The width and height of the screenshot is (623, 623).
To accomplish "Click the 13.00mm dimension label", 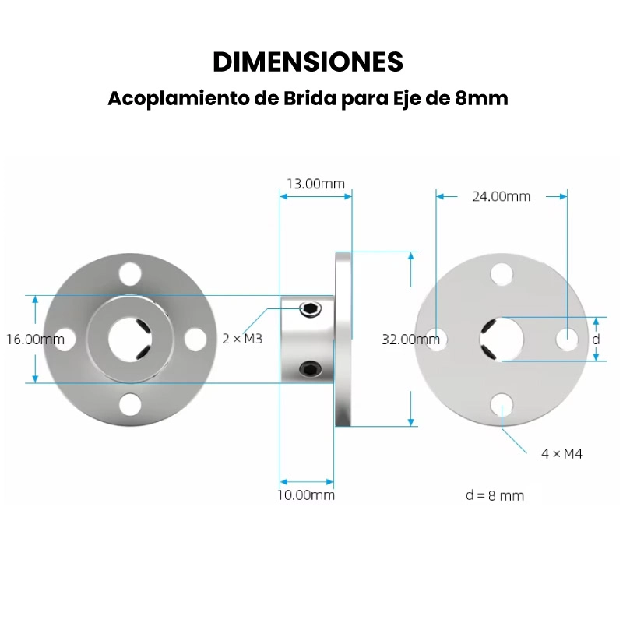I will click(x=315, y=184).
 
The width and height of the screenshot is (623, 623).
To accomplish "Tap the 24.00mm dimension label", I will click(x=501, y=196).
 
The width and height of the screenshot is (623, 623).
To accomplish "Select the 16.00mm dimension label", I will click(x=35, y=340).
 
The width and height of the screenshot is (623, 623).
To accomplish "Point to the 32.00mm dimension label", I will click(x=410, y=339).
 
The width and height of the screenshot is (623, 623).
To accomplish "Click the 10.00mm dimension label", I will click(x=307, y=495).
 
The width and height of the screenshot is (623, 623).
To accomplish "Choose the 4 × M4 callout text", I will click(x=561, y=453).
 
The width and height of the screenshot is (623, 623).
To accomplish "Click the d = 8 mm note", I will click(x=495, y=496).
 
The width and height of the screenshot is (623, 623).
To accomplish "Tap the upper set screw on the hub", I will click(x=310, y=311).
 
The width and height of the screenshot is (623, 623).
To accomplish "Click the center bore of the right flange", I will click(x=502, y=339).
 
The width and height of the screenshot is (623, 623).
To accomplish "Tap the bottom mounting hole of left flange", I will click(x=130, y=404).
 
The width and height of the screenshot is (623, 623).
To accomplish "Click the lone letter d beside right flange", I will click(x=596, y=340).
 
